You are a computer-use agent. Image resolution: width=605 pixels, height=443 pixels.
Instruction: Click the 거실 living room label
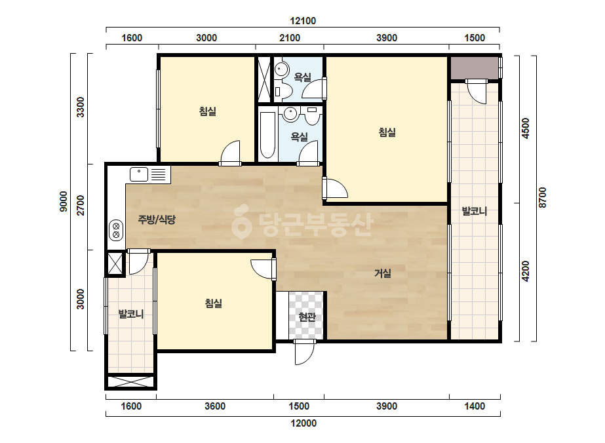(x=383, y=273)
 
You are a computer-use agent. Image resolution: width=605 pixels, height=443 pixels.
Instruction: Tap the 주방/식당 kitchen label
(x=157, y=220)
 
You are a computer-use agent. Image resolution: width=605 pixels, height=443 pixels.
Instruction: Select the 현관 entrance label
(x=307, y=317)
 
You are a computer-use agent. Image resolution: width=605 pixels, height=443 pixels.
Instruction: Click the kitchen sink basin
(x=139, y=174)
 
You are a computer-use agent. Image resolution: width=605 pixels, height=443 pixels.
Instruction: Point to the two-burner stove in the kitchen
(x=116, y=230)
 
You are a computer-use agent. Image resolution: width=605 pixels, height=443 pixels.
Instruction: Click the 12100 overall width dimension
(x=303, y=21)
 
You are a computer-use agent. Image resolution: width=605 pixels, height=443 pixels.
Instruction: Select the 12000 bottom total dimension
(x=303, y=423)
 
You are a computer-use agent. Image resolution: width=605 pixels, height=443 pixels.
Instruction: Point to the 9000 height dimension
(x=64, y=201)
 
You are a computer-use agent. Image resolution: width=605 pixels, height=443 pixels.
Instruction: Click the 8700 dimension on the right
(x=543, y=197)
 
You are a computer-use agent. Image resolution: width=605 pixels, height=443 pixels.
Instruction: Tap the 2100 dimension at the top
(x=290, y=38)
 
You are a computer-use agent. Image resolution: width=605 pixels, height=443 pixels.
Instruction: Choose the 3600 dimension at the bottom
(x=215, y=406)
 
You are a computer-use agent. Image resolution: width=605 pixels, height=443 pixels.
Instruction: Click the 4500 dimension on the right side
(x=525, y=128)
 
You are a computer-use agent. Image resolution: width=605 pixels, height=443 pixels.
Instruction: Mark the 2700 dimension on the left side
(x=80, y=205)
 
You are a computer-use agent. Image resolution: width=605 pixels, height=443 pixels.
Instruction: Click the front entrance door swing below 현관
(x=305, y=352)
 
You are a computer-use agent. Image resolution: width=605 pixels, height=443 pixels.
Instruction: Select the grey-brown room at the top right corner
(x=474, y=68)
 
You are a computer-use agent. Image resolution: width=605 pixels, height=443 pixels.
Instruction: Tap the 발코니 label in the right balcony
(x=475, y=211)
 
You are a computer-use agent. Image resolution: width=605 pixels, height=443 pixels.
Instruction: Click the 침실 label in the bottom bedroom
(x=214, y=303)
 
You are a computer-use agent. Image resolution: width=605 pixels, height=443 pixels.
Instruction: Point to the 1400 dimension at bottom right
(x=475, y=406)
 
